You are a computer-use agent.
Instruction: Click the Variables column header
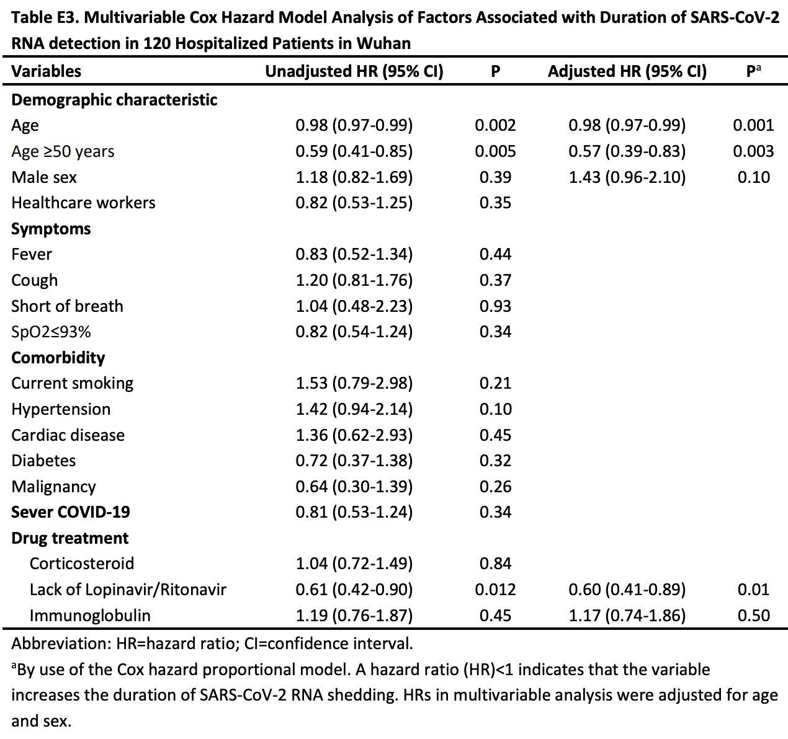(x=46, y=71)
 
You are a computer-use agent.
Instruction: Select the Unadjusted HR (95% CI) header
(x=354, y=71)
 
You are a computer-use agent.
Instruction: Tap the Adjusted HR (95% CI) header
(x=627, y=71)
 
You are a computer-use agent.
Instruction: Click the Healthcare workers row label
(x=83, y=203)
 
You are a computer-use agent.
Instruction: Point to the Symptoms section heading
(x=51, y=229)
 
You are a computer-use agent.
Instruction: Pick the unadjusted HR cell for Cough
(x=354, y=280)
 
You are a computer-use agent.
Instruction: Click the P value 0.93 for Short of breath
(x=495, y=306)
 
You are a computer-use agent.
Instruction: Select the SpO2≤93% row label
(x=51, y=332)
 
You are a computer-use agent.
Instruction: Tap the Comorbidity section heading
(x=58, y=358)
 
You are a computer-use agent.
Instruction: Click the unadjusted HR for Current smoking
(x=354, y=383)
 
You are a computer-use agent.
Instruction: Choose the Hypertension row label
(x=61, y=409)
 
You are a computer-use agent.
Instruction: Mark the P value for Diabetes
(x=495, y=461)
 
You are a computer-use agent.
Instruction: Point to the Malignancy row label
(x=53, y=487)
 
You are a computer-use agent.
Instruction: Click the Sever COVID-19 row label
(x=70, y=512)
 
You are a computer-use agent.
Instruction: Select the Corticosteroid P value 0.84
(x=495, y=564)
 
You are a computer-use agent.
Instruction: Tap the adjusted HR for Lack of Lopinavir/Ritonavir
(x=627, y=590)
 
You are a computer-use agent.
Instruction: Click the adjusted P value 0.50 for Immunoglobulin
(x=753, y=616)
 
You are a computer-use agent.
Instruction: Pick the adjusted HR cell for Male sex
(x=627, y=177)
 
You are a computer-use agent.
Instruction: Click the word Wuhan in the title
(x=383, y=43)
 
